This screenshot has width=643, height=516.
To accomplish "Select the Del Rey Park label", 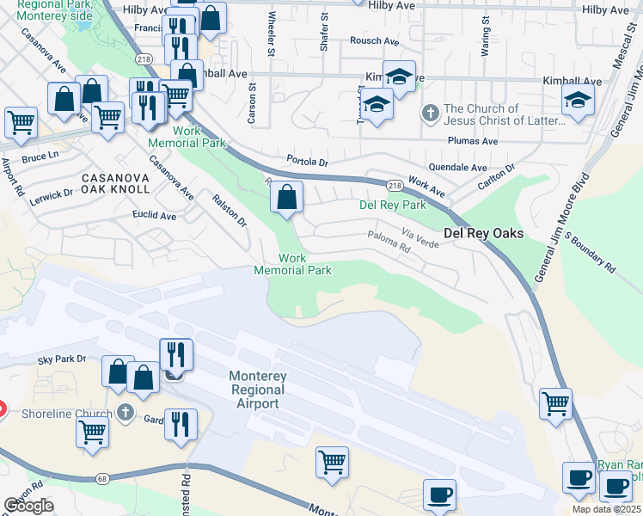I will [392, 206].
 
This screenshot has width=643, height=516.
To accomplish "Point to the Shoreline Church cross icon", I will [125, 414].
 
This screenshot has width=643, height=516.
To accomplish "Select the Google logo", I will [28, 506].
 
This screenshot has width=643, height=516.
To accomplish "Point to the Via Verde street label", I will [422, 238].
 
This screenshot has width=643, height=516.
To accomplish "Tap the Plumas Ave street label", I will [472, 141].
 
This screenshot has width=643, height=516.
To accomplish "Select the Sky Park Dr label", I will [62, 359].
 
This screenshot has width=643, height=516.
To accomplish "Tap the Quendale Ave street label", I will [457, 169].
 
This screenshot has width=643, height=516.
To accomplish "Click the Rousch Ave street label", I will [374, 40].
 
